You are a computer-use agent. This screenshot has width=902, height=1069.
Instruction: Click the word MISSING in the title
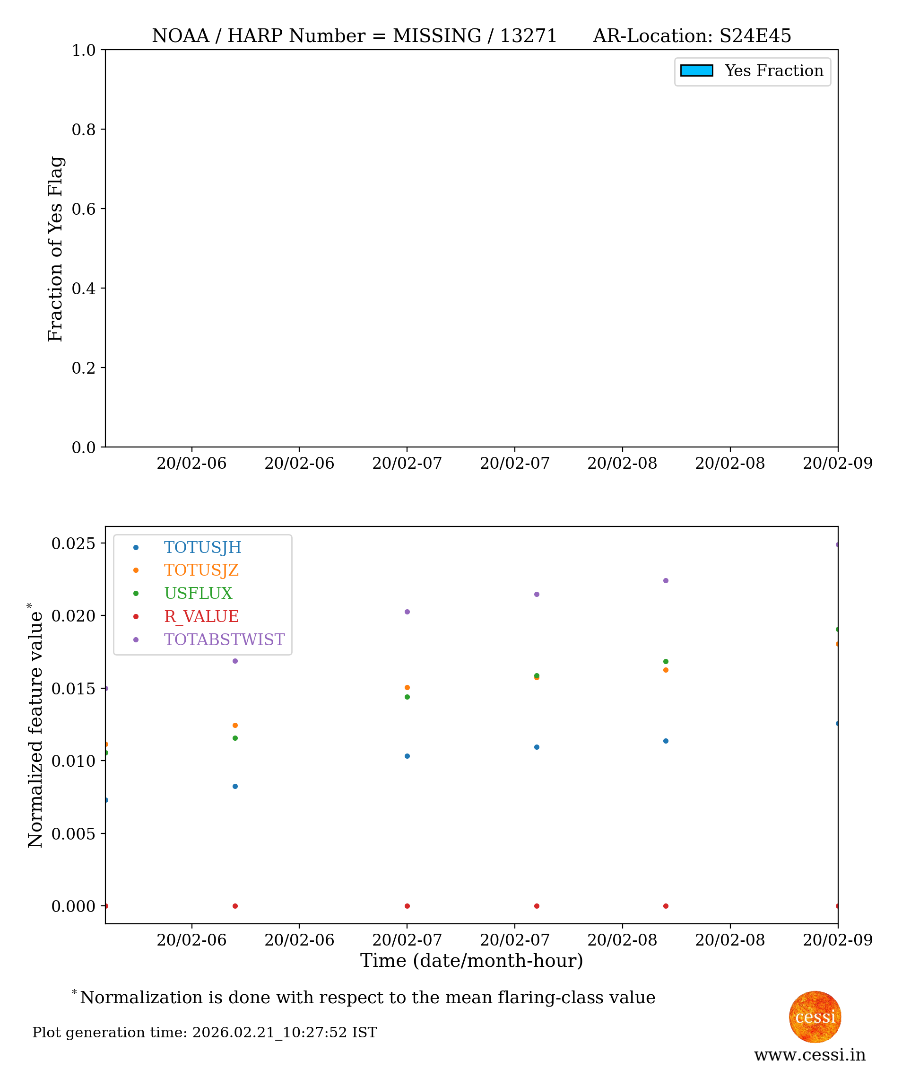coord(437,36)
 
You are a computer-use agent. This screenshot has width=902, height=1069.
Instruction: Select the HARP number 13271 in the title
coord(528,36)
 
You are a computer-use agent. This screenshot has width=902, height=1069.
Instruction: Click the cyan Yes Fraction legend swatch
coord(696,70)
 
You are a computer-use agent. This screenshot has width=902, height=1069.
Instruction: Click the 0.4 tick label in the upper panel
coord(84,289)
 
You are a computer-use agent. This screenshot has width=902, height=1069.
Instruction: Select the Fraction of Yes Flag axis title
coord(55,249)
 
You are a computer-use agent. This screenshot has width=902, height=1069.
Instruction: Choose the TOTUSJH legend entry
coord(202,547)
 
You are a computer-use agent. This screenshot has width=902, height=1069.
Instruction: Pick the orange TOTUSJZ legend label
coord(201,570)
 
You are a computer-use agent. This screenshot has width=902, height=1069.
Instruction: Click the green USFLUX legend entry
coord(198,593)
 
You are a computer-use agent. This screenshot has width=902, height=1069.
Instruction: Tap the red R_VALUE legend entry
coord(201,616)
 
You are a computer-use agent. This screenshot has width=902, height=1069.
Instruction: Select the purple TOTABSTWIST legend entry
coord(224,640)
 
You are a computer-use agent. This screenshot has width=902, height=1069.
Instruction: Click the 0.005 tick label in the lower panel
coord(74,834)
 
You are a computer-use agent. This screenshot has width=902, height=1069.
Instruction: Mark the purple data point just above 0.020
coord(407,612)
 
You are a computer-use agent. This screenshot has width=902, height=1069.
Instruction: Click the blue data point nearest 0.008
coord(235,786)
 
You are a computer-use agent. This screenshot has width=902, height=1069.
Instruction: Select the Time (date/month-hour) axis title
coord(471,961)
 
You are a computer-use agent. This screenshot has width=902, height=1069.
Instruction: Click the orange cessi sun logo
coord(815,1017)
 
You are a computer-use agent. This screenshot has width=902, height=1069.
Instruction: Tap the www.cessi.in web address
coord(810,1055)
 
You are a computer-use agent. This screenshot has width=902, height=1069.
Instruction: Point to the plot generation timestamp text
coord(205,1032)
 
